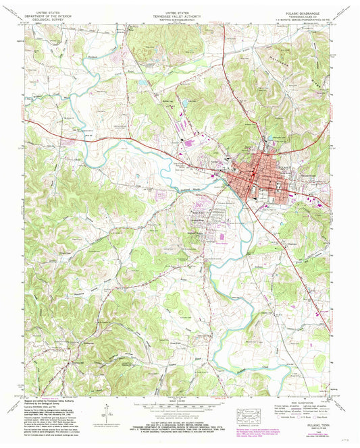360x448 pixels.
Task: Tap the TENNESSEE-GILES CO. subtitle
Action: pos(300,14)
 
